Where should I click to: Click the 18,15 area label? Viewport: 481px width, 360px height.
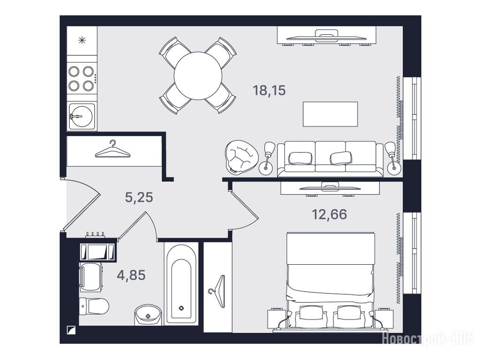tap(269, 91)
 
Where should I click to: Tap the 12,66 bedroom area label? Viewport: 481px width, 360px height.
tap(329, 214)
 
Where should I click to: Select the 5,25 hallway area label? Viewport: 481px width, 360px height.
tap(139, 197)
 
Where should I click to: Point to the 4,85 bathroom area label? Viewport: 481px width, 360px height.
tap(131, 275)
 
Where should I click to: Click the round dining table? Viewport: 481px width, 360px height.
tap(198, 76)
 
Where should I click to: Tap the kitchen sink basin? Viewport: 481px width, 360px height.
tap(81, 116)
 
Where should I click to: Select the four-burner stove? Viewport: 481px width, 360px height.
tap(82, 78)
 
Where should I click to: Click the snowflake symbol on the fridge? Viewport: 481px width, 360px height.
tap(82, 40)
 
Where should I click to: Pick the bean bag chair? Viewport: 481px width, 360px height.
tap(241, 157)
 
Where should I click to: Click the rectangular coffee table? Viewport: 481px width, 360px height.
tap(330, 114)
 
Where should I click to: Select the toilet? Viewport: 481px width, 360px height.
tap(94, 306)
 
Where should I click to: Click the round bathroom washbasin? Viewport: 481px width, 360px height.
tap(148, 314)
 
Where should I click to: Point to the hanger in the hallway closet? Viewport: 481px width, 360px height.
tap(113, 149)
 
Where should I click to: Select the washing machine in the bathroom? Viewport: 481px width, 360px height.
tap(91, 277)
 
